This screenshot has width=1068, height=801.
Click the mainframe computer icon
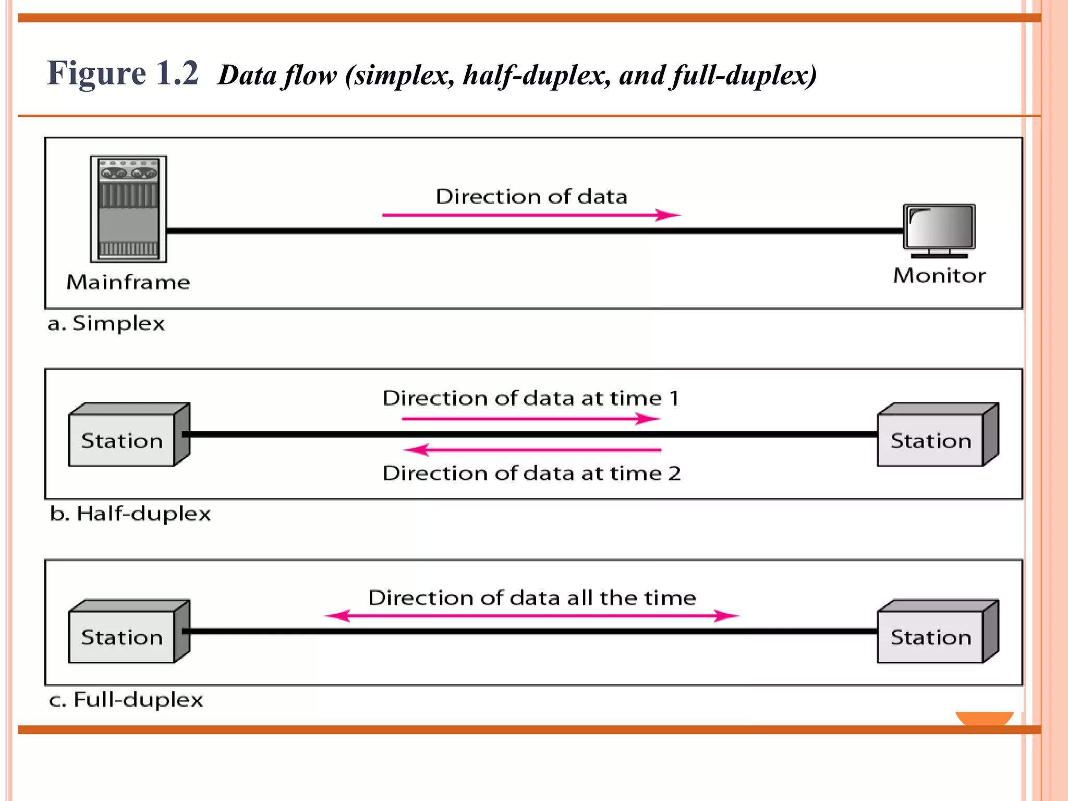[x=128, y=209]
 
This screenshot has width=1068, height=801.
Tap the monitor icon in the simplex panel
[x=939, y=229]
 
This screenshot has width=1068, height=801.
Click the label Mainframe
[x=128, y=282]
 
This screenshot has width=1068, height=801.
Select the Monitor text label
[x=939, y=275]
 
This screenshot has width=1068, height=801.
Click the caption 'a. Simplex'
[x=106, y=323]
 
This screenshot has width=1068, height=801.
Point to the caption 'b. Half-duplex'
[x=130, y=514]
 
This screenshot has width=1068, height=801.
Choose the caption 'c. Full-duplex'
[x=126, y=699]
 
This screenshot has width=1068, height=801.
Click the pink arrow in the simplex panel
[x=531, y=215]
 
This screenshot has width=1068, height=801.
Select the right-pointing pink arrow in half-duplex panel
[x=531, y=418]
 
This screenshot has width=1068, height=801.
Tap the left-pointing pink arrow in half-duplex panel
[x=532, y=450]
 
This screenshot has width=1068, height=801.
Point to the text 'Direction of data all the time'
[x=532, y=598]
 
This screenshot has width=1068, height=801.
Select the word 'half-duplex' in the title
[x=537, y=75]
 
